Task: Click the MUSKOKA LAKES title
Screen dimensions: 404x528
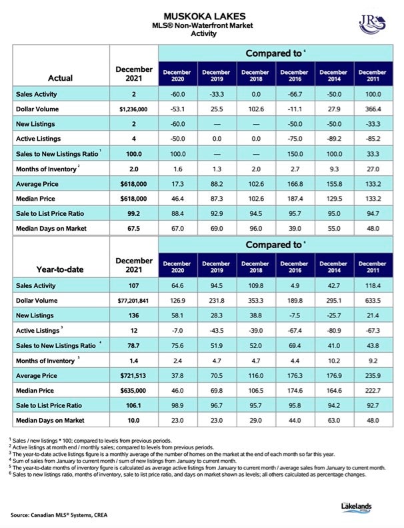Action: pyautogui.click(x=205, y=16)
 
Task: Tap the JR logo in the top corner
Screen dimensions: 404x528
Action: pyautogui.click(x=372, y=24)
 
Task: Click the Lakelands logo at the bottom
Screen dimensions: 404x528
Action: pyautogui.click(x=356, y=507)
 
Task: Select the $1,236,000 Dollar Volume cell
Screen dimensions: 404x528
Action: pyautogui.click(x=133, y=109)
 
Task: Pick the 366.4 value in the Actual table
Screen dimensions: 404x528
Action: pyautogui.click(x=373, y=109)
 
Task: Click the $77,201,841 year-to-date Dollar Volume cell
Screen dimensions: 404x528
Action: pyautogui.click(x=133, y=301)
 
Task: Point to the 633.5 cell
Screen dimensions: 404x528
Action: pyautogui.click(x=373, y=301)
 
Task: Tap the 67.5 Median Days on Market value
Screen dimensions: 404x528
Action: pyautogui.click(x=133, y=229)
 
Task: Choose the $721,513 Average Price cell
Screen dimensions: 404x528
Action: pyautogui.click(x=133, y=376)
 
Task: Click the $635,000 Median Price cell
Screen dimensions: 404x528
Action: pyautogui.click(x=133, y=391)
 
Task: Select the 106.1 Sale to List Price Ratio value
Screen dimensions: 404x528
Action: pyautogui.click(x=133, y=405)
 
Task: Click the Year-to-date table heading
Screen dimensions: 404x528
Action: pyautogui.click(x=60, y=269)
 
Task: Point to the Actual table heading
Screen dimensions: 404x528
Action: pyautogui.click(x=60, y=78)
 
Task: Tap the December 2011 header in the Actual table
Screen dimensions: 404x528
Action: pyautogui.click(x=373, y=75)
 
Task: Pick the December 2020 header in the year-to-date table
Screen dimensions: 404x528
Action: pyautogui.click(x=177, y=267)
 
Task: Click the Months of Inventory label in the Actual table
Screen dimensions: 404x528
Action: pyautogui.click(x=46, y=169)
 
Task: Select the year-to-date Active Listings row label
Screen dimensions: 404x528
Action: pyautogui.click(x=38, y=331)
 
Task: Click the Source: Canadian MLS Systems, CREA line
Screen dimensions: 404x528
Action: pyautogui.click(x=59, y=515)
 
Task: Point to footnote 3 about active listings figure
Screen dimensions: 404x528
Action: pyautogui.click(x=172, y=454)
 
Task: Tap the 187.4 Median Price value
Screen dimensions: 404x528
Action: pyautogui.click(x=295, y=199)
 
